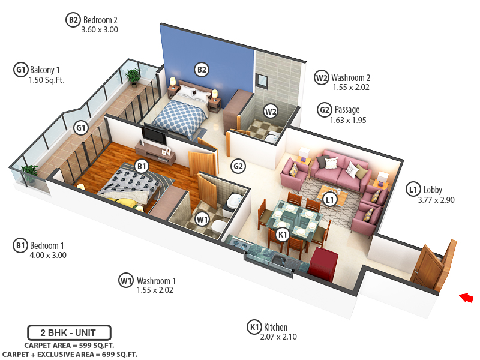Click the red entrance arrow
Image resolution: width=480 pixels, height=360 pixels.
tap(466, 297)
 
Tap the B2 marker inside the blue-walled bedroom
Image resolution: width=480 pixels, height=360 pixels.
tap(202, 70)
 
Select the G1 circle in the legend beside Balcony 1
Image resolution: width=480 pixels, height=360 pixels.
tap(20, 70)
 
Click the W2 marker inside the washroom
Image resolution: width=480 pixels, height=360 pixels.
tap(271, 111)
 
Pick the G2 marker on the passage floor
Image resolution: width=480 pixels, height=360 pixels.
tap(238, 166)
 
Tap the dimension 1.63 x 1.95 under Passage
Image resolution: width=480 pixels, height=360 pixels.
tap(348, 120)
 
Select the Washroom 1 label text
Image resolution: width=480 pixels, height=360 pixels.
tap(156, 280)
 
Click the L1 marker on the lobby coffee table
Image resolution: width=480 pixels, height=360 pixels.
tap(329, 199)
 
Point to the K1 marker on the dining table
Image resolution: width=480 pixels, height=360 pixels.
tap(283, 234)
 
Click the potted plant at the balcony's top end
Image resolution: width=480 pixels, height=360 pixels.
tap(133, 76)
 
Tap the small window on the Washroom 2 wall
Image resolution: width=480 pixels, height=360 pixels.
tap(262, 80)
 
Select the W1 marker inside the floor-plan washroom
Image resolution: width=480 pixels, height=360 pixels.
tap(202, 219)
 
